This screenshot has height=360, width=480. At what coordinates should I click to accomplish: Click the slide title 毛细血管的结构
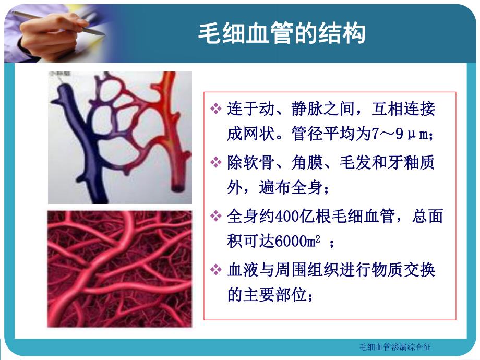coord(282,34)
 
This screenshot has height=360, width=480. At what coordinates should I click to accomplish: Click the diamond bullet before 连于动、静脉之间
coord(216,109)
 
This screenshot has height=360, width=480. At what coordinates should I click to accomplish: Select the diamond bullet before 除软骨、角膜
coord(216,163)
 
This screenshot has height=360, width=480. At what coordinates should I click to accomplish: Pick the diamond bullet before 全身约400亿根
coord(216,216)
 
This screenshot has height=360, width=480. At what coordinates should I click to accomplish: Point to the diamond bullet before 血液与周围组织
coord(216,270)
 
